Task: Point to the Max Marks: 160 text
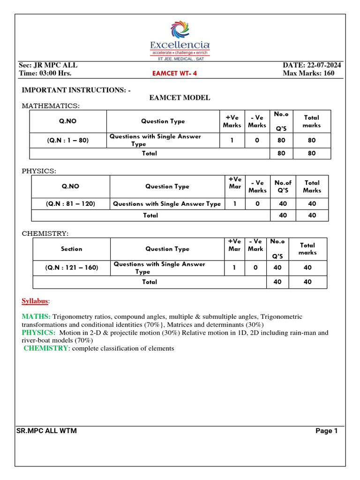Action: click(309, 74)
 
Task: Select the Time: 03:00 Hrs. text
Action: click(45, 74)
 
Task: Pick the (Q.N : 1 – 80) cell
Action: click(68, 140)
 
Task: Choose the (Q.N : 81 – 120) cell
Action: click(70, 204)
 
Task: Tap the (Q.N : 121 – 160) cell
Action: click(72, 268)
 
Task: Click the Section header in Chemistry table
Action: click(72, 249)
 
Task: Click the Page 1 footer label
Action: click(326, 431)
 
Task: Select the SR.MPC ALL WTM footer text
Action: click(46, 431)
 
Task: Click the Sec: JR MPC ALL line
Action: click(48, 65)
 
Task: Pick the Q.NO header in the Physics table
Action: click(70, 186)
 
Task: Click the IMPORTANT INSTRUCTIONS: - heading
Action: click(76, 89)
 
